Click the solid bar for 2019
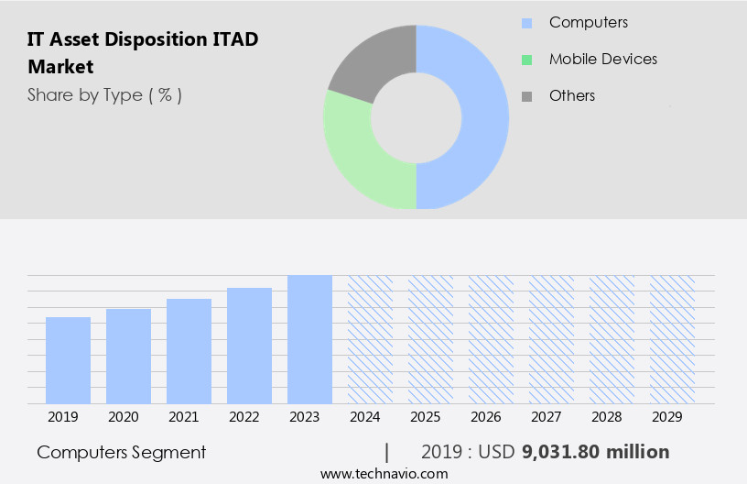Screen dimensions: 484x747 pyautogui.click(x=68, y=360)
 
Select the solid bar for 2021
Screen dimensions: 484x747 pyautogui.click(x=189, y=351)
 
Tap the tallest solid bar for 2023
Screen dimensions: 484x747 pyautogui.click(x=309, y=339)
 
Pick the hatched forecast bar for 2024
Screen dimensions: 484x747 pyautogui.click(x=370, y=339)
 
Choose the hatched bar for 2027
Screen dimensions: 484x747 pyautogui.click(x=551, y=339)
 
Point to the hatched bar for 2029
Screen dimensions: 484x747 pyautogui.click(x=672, y=339)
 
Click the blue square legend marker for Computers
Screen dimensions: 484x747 pyautogui.click(x=526, y=23)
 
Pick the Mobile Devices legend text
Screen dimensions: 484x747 pyautogui.click(x=603, y=59)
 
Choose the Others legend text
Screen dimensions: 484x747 pyautogui.click(x=572, y=95)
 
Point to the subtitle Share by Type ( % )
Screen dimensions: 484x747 pyautogui.click(x=104, y=95)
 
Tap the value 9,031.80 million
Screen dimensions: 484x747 pyautogui.click(x=595, y=452)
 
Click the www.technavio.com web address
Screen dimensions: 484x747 pyautogui.click(x=384, y=473)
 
